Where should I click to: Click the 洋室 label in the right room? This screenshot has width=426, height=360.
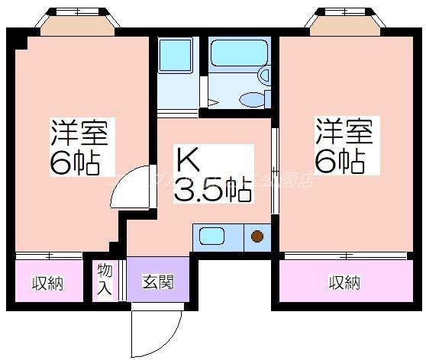(344, 132)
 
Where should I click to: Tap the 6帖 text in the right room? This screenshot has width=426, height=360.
(344, 160)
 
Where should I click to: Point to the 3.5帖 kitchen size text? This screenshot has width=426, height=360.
(212, 191)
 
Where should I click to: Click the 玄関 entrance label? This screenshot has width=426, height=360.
(157, 282)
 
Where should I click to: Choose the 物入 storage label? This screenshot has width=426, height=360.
(105, 280)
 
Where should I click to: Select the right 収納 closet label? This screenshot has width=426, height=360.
(344, 283)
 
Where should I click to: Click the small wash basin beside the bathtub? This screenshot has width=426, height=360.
(265, 76)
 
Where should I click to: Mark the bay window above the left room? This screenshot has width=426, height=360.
(79, 24)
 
